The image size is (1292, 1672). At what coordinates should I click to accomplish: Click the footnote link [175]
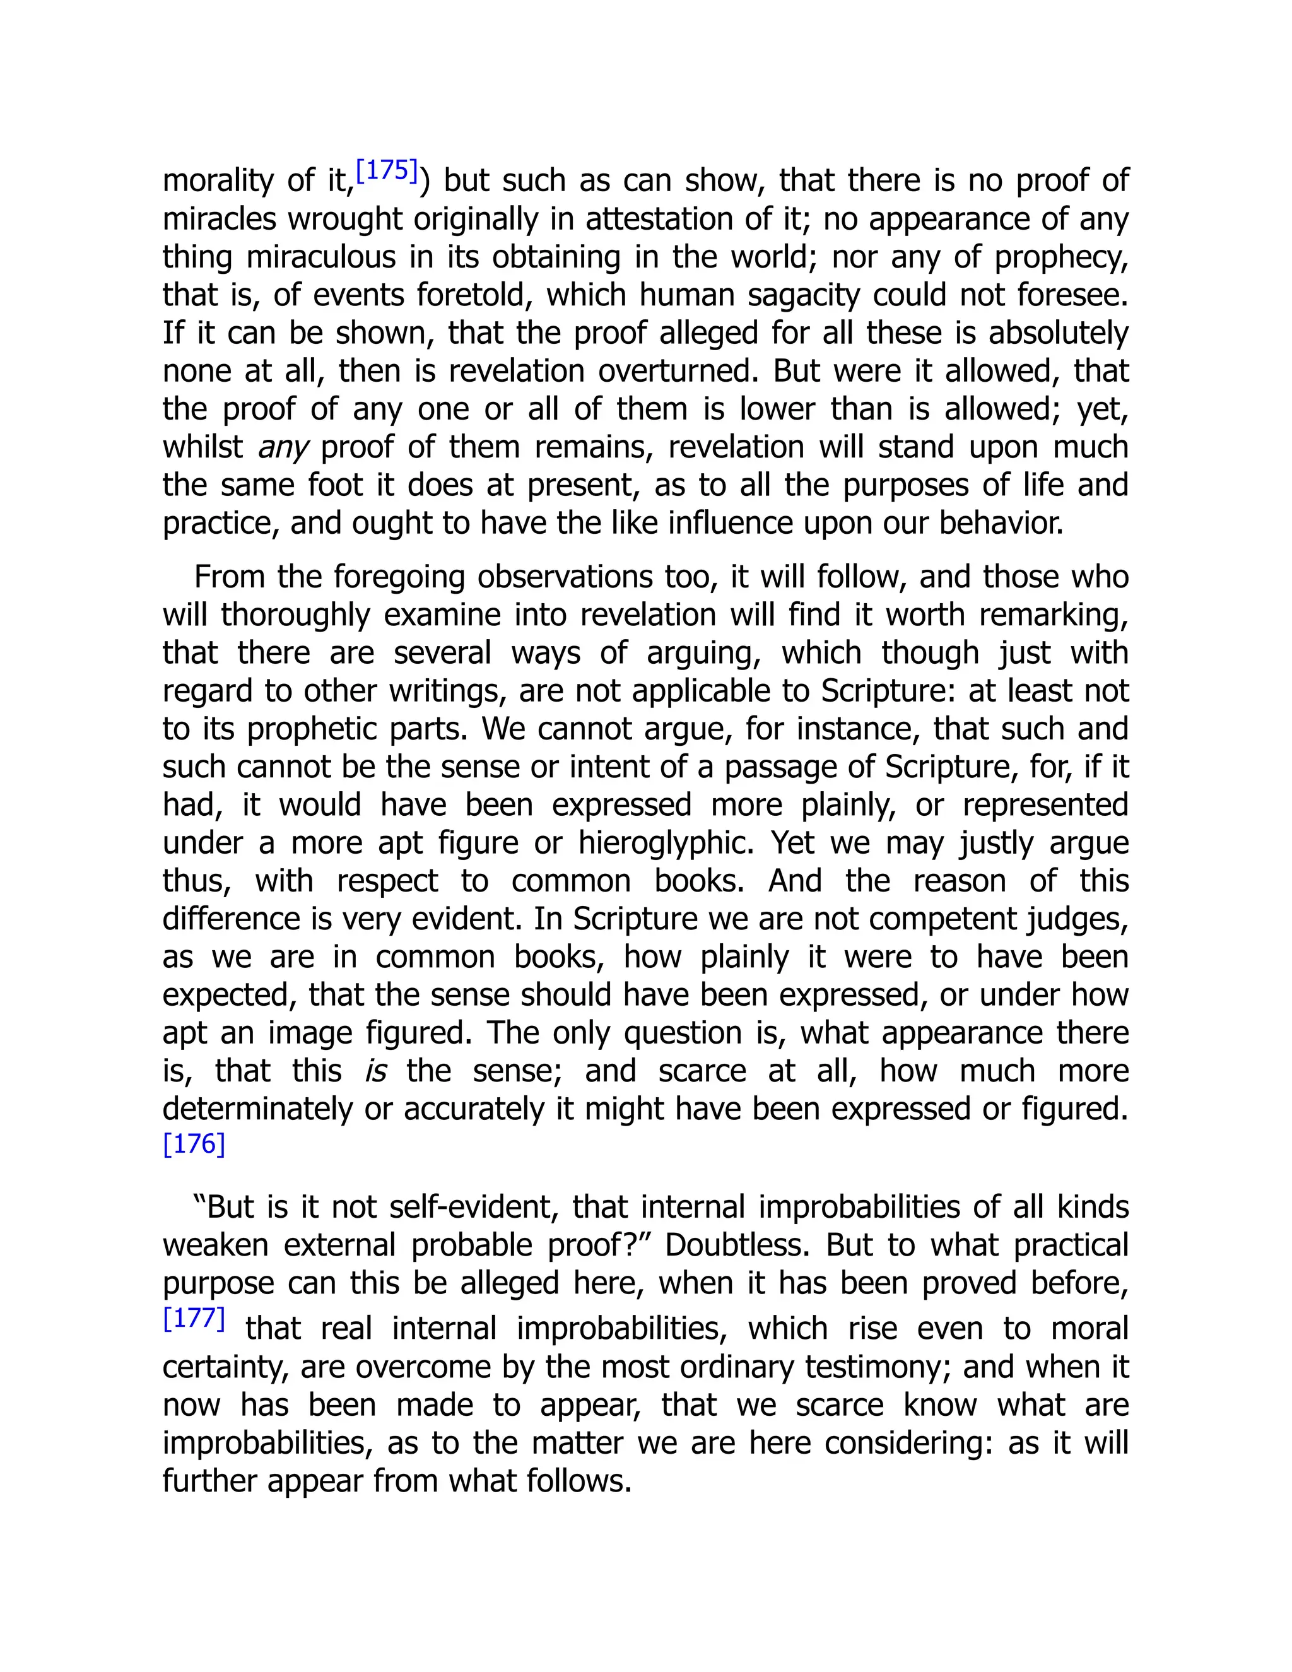[387, 171]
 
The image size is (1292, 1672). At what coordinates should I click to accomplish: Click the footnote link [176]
[194, 1144]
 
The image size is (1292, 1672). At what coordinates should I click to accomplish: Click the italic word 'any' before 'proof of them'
[283, 448]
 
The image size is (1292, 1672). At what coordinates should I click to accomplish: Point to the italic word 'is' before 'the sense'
[375, 1072]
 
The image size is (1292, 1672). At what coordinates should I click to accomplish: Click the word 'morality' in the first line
[218, 182]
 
